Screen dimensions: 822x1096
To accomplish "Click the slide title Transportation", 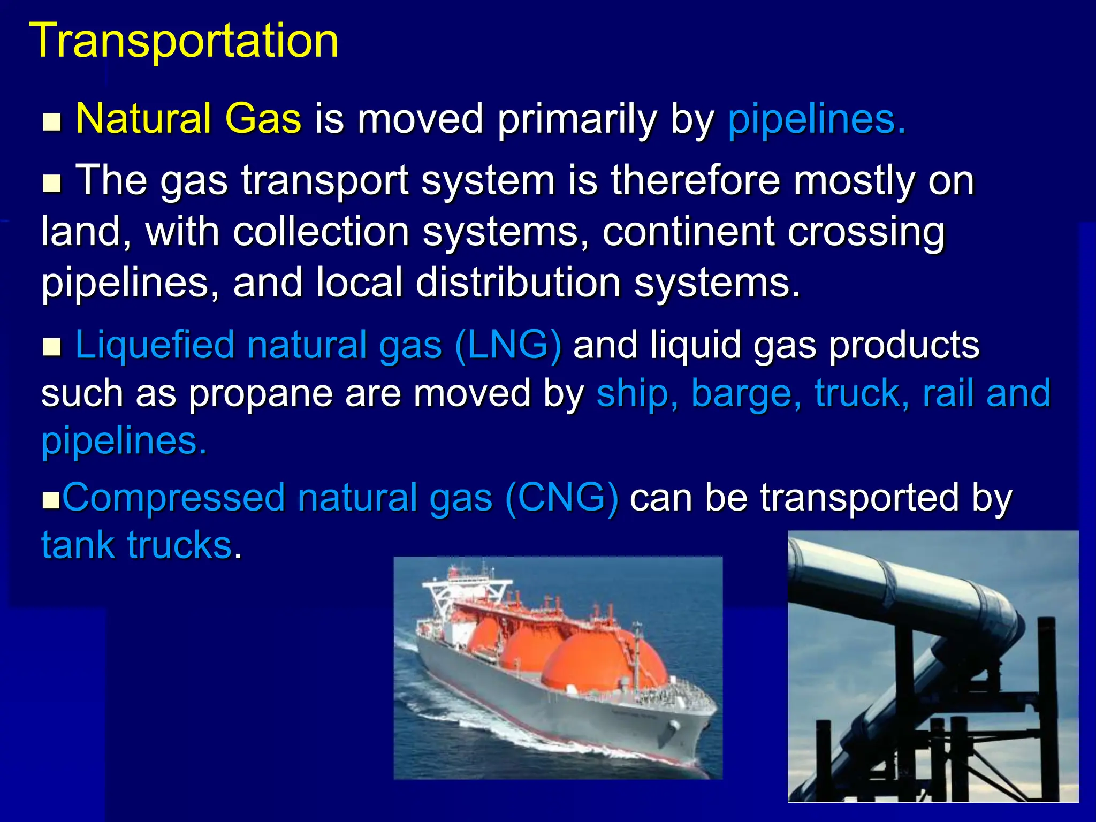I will tap(184, 41).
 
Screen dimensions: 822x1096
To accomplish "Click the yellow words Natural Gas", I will tap(188, 119).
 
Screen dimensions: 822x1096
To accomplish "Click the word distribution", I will tap(518, 283).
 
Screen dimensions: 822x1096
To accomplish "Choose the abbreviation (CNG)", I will tap(561, 498).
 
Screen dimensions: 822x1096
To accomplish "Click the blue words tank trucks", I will tap(137, 546).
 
